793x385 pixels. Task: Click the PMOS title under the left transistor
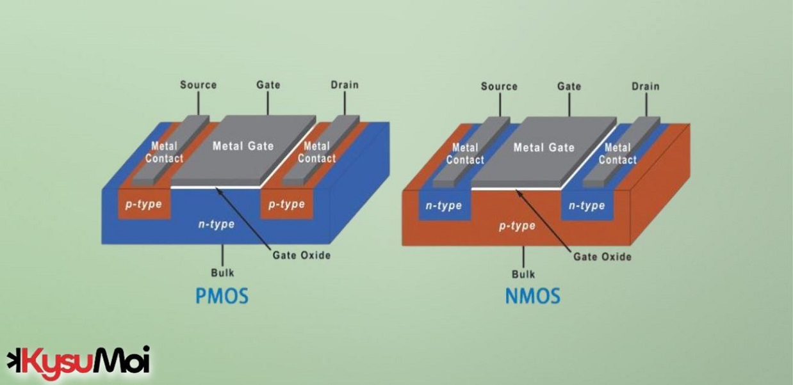221,296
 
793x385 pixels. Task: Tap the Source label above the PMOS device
198,85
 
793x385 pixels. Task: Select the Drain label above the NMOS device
645,86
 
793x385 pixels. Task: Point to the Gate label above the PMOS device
268,85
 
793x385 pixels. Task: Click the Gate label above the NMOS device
569,86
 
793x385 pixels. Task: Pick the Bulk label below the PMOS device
222,273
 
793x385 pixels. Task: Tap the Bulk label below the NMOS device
523,274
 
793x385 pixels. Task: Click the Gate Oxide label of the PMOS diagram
301,255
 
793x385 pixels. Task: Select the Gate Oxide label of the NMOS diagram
602,256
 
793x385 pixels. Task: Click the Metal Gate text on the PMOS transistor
243,146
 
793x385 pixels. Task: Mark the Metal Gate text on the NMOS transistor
544,148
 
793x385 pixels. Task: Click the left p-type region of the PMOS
143,205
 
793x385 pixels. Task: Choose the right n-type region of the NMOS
586,206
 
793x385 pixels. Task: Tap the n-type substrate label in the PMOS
215,224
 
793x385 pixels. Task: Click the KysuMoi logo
78,361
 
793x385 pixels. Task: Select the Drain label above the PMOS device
345,85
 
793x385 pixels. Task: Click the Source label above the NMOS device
499,86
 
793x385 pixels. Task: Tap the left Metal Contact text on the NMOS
465,153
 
